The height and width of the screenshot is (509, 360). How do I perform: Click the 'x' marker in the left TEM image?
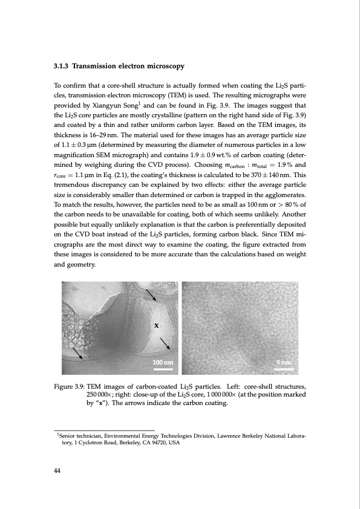(157, 325)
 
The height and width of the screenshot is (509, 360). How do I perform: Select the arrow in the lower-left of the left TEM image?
(77, 352)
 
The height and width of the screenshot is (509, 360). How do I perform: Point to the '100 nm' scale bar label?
(163, 361)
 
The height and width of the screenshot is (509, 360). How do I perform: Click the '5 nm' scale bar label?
(284, 361)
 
